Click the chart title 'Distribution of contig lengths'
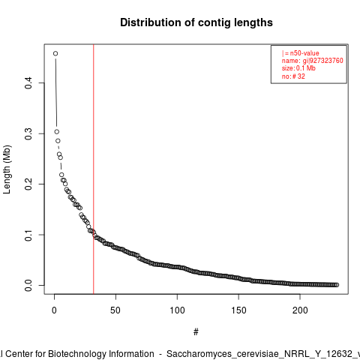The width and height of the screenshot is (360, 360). (196, 22)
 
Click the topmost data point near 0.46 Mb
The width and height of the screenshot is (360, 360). (55, 53)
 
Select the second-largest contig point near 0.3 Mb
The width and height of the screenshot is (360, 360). (57, 132)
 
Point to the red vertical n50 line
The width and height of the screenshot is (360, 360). (94, 169)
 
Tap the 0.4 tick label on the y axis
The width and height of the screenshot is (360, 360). (28, 82)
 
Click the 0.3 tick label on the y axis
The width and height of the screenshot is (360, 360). (28, 133)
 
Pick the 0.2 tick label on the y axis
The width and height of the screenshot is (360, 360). (28, 184)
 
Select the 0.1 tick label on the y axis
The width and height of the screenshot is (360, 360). (28, 235)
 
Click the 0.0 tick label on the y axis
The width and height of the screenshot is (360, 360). (28, 285)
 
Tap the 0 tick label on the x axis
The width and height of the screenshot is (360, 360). (54, 310)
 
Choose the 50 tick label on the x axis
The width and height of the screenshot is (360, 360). (115, 310)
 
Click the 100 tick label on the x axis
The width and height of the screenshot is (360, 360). (177, 310)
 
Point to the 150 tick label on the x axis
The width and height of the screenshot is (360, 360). (238, 310)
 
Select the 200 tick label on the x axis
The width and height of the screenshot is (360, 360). (300, 310)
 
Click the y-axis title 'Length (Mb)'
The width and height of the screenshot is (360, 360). (7, 169)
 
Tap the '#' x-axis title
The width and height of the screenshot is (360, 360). (196, 332)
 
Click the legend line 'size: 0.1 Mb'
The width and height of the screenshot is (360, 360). (298, 68)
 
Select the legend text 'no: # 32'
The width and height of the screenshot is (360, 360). (293, 76)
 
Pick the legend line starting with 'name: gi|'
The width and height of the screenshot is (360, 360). (312, 61)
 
